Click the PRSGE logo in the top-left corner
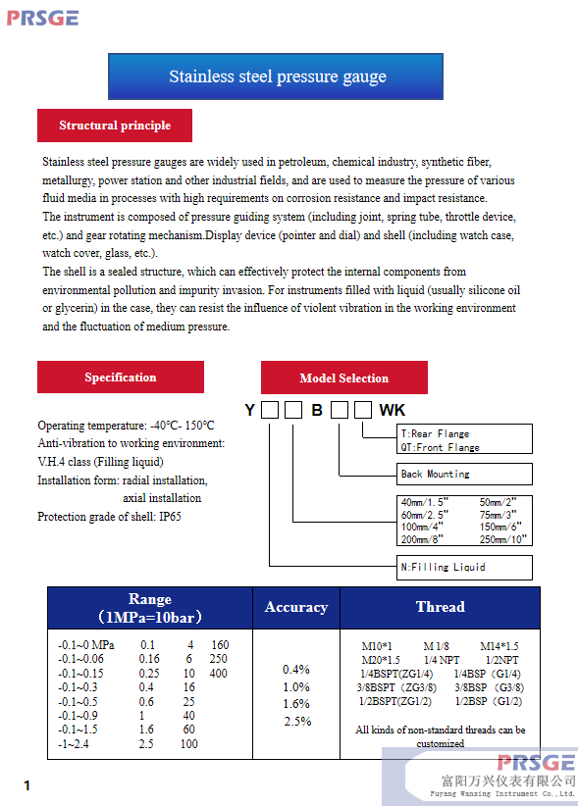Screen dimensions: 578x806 42,18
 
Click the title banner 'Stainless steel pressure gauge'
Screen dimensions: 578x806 276,76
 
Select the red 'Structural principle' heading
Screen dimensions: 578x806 115,126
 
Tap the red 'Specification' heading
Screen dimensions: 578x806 121,377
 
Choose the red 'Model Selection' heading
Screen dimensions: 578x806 344,378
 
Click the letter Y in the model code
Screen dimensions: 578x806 250,410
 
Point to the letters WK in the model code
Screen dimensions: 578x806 393,410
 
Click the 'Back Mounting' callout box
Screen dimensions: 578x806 464,474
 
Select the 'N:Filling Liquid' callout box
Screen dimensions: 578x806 464,568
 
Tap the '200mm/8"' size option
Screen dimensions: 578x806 422,539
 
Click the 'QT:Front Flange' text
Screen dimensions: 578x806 441,447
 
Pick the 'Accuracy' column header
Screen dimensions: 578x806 296,608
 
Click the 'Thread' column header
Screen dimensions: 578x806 441,607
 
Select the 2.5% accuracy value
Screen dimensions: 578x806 297,722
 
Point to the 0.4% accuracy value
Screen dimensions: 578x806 296,670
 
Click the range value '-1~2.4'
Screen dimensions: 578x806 74,744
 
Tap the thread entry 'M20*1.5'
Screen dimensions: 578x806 381,660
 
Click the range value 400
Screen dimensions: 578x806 219,674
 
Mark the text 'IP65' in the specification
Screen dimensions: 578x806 170,517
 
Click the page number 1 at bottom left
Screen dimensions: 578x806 26,785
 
